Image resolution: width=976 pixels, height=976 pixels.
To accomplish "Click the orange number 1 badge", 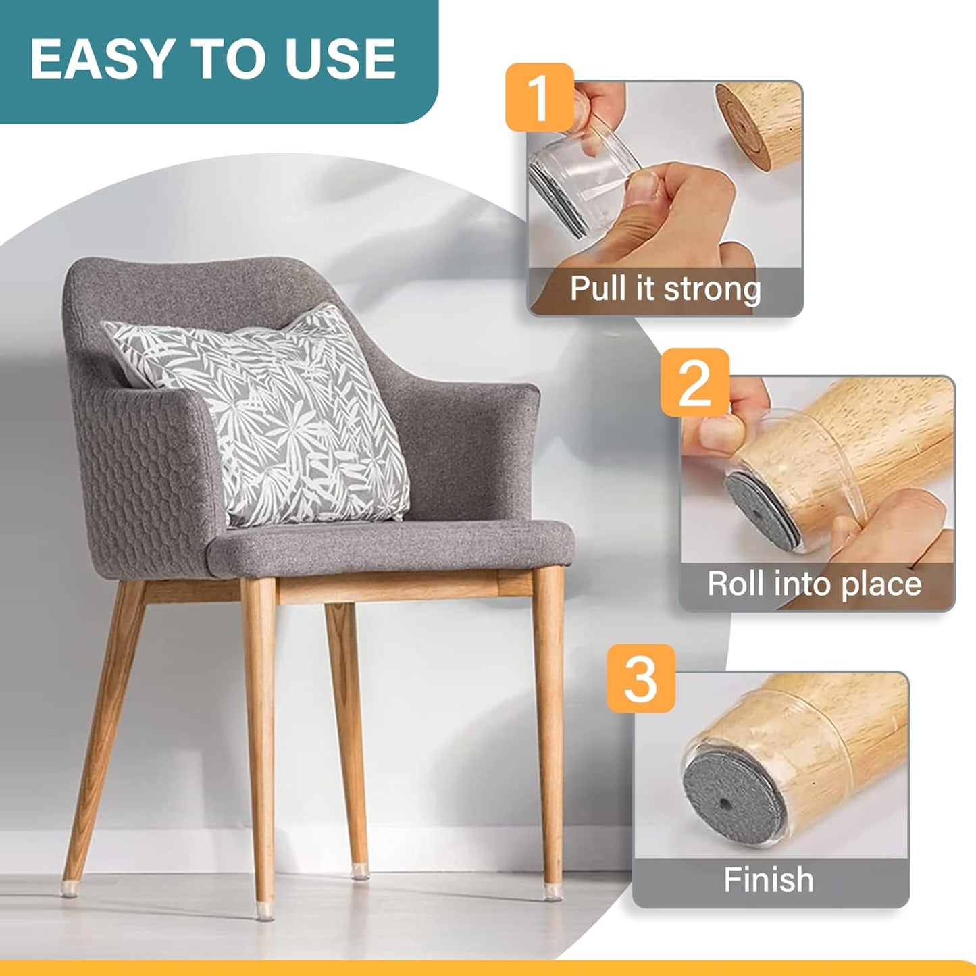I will click(539, 97).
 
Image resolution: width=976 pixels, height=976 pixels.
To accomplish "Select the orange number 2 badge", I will click(694, 382).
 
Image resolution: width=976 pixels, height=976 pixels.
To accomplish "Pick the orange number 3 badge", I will click(640, 677).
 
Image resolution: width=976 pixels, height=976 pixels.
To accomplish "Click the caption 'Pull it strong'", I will click(665, 289).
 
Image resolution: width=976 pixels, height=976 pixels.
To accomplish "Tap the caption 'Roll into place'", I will click(814, 584).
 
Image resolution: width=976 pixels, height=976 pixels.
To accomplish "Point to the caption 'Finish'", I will click(769, 879).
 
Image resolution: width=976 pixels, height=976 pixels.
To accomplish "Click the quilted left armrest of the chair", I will click(149, 473).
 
